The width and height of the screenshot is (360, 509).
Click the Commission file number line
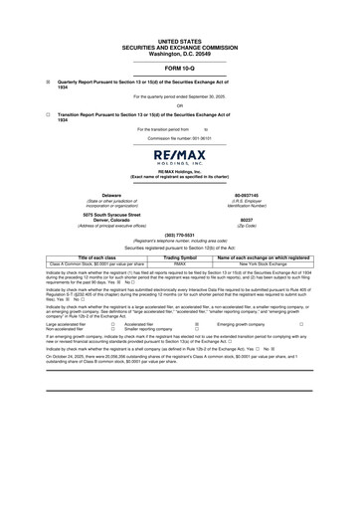pyautogui.click(x=179, y=137)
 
